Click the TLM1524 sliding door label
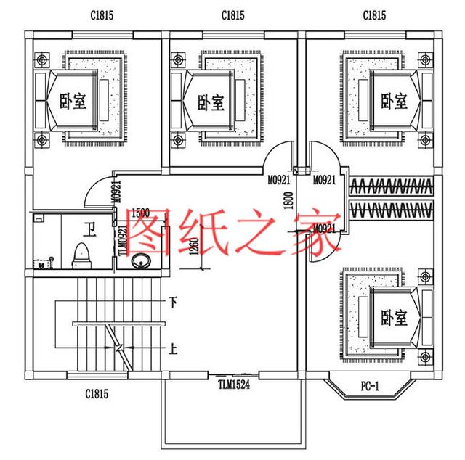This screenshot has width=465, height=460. pyautogui.click(x=233, y=385)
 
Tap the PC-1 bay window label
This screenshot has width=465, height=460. pyautogui.click(x=369, y=385)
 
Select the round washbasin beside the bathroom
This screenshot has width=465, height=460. pyautogui.click(x=139, y=262)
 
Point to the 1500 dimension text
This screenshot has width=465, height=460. pyautogui.click(x=142, y=214)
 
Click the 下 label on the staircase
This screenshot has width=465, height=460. pyautogui.click(x=173, y=301)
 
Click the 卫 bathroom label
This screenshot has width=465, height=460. pyautogui.click(x=89, y=231)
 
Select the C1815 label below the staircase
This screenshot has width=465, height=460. pyautogui.click(x=96, y=394)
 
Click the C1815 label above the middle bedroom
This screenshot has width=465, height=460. pyautogui.click(x=233, y=15)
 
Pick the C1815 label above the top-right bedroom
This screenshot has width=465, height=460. pyautogui.click(x=373, y=15)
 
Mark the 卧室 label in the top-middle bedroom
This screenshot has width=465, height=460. pyautogui.click(x=210, y=102)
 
